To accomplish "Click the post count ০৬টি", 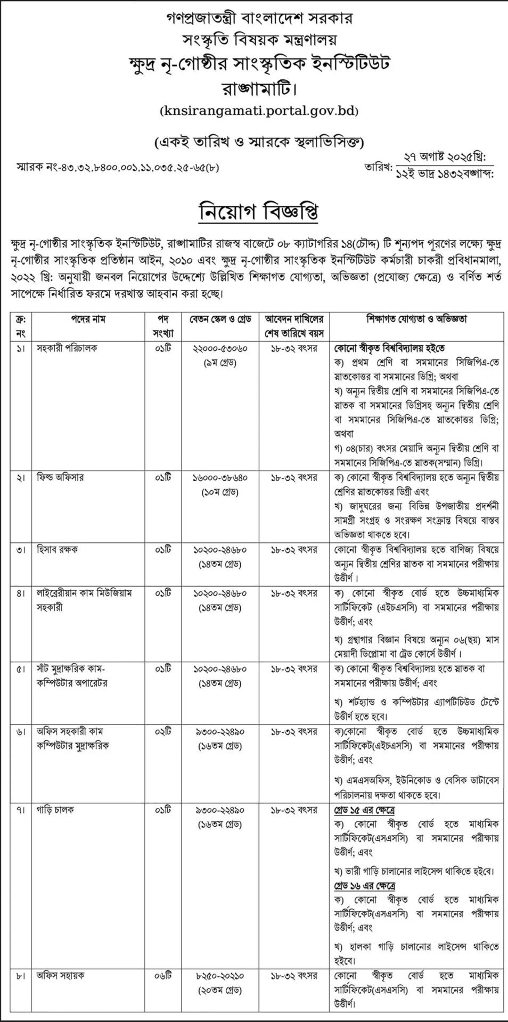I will pos(163,976).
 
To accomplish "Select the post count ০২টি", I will pos(163,732).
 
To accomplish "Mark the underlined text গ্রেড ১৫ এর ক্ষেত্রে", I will pos(364,810).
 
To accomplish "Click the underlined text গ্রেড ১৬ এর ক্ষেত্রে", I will pos(364,886).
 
